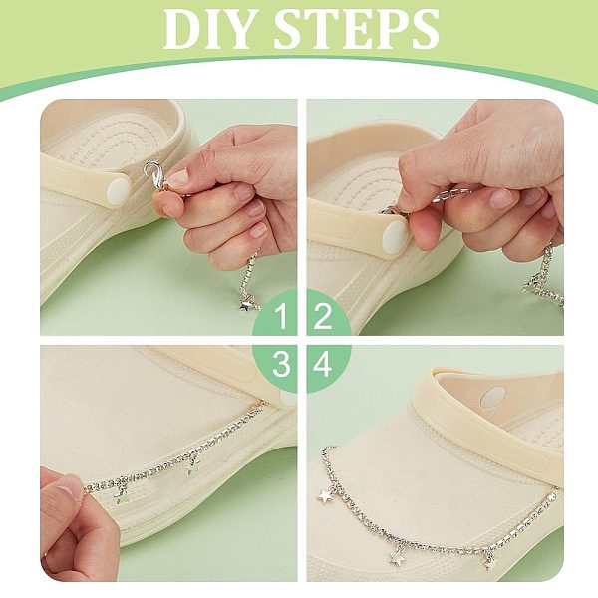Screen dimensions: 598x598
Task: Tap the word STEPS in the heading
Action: click(357, 29)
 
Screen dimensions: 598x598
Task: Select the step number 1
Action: click(281, 316)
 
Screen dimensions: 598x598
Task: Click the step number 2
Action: click(322, 316)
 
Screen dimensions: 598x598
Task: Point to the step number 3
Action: click(281, 364)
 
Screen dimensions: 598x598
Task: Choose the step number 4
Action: click(322, 364)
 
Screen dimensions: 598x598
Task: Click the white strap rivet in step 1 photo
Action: click(119, 192)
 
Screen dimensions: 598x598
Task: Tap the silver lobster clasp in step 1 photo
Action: click(152, 175)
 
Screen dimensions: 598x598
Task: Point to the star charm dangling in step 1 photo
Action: click(246, 305)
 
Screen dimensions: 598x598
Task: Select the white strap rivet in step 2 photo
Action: click(395, 236)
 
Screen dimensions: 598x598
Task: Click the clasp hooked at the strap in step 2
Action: click(395, 212)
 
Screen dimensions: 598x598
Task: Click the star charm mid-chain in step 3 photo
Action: click(194, 465)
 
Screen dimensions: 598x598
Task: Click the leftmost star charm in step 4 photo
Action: click(325, 495)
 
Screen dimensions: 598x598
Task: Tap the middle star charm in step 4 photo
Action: click(397, 557)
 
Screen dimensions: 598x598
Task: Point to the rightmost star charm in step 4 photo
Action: click(491, 561)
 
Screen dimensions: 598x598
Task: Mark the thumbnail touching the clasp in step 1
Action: click(178, 178)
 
